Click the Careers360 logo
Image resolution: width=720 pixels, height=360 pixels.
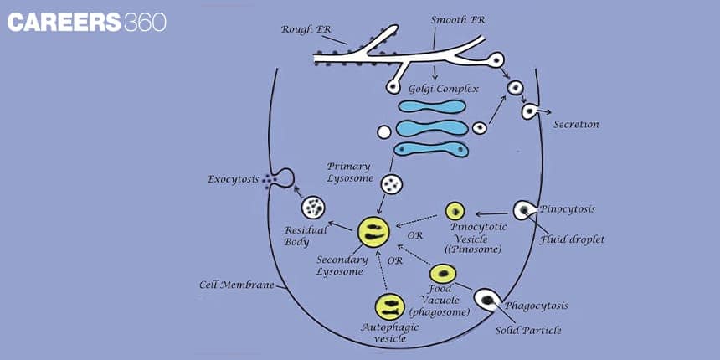86,22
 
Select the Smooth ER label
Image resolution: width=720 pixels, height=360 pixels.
459,19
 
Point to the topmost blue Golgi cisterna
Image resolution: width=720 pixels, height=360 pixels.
432,107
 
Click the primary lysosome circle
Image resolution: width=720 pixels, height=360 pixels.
391,184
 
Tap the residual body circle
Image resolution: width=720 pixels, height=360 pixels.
314,206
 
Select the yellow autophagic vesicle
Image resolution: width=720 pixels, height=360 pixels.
390,307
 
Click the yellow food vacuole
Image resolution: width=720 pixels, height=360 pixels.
443,274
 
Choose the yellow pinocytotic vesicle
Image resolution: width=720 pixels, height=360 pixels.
455,211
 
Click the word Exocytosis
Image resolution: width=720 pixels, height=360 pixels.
234,179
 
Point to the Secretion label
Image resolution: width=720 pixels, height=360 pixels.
576,125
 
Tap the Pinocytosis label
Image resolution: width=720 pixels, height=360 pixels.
568,208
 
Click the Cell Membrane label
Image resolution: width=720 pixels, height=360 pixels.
236,285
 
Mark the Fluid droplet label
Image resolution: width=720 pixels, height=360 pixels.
573,239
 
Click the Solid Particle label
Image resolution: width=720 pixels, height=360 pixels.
527,330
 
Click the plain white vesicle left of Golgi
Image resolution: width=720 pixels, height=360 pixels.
384,131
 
